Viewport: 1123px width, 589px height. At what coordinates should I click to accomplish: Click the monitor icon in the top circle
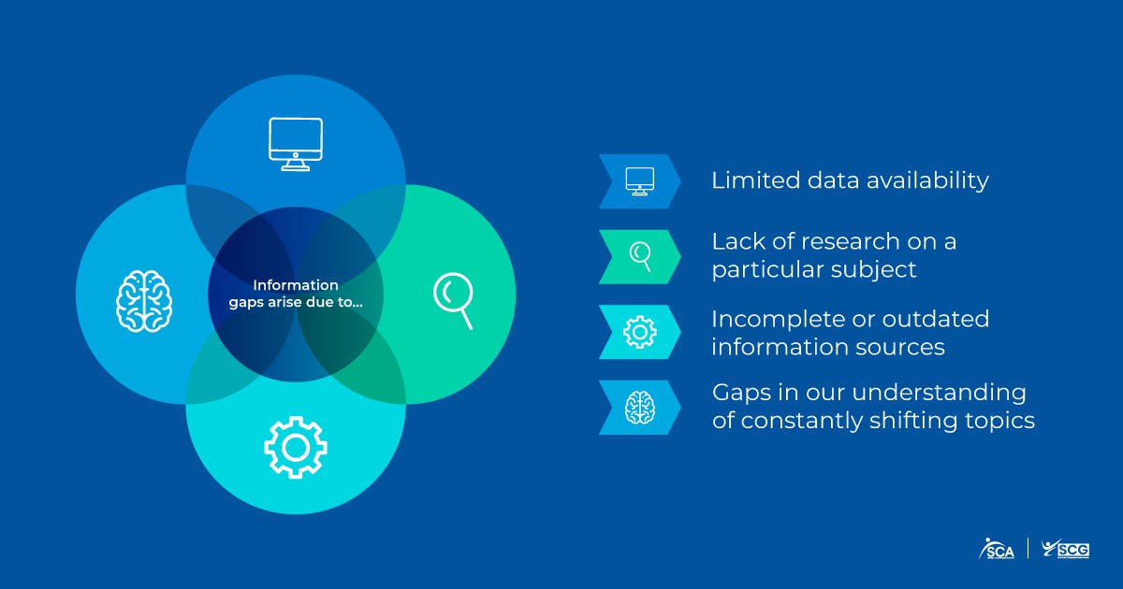[295, 144]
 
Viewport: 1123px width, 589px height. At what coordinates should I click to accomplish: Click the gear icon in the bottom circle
[296, 448]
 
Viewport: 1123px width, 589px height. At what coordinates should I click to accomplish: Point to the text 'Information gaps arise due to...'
[296, 294]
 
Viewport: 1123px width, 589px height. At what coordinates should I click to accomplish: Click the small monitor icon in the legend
[640, 180]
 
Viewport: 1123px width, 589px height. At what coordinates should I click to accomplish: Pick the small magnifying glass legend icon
[641, 255]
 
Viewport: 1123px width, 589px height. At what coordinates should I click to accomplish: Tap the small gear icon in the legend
[640, 332]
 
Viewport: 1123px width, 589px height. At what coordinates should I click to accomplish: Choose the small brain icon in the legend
[640, 407]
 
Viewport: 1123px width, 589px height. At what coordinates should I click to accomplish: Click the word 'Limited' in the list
[744, 180]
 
